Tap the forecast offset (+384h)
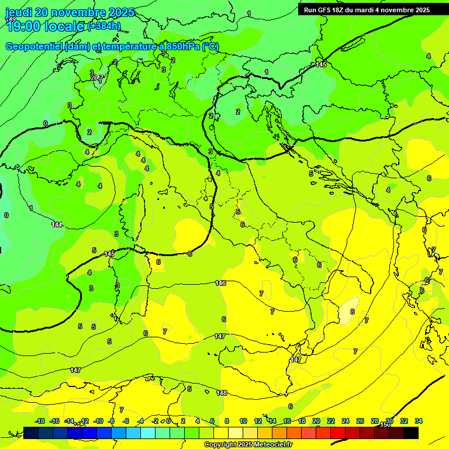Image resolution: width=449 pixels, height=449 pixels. click(104, 26)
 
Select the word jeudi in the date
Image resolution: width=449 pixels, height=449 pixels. click(18, 12)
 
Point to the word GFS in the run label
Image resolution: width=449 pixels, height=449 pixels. click(328, 10)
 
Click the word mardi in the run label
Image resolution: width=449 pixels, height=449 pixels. click(372, 10)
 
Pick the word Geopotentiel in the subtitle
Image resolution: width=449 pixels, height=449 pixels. click(34, 47)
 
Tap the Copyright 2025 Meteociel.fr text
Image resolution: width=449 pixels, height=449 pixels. click(248, 445)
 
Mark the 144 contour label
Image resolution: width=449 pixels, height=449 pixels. click(57, 224)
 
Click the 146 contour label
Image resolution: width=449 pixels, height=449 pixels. click(220, 283)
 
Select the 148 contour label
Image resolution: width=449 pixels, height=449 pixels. click(222, 393)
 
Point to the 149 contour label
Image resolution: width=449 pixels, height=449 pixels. click(11, 19)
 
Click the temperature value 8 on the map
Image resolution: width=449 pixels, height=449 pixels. click(353, 312)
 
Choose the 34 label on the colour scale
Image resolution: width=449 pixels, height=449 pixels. click(419, 421)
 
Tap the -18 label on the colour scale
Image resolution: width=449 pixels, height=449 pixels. click(40, 421)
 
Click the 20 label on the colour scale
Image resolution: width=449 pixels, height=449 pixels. click(316, 421)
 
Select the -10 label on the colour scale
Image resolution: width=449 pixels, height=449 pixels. click(98, 421)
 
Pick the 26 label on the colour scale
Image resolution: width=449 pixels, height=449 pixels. click(360, 421)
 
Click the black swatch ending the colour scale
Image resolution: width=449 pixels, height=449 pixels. click(411, 433)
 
